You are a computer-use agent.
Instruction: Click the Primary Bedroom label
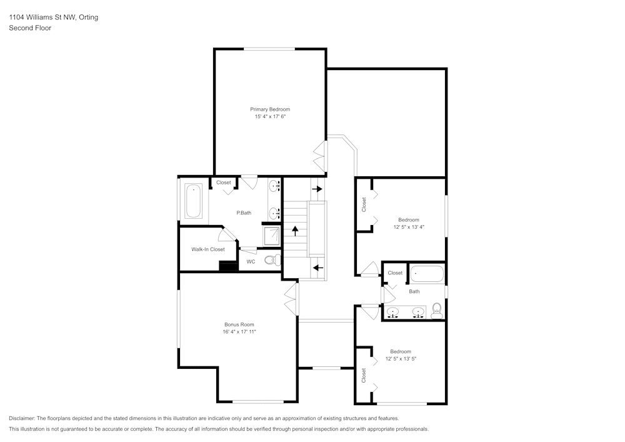[270, 109]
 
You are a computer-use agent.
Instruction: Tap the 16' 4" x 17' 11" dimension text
[239, 332]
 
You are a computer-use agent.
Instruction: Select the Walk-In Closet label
[208, 249]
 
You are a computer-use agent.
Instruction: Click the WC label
[251, 262]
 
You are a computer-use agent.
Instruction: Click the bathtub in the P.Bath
[193, 199]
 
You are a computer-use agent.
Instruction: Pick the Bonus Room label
[239, 324]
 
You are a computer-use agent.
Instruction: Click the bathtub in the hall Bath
[427, 274]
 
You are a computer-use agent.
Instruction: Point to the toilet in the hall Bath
[437, 309]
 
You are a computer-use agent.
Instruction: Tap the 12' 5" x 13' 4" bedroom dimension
[409, 227]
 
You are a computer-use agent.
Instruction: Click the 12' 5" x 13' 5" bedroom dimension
[401, 359]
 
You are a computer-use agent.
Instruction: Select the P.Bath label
[244, 213]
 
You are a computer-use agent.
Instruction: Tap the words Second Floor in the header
[30, 28]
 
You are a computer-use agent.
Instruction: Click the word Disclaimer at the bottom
[22, 418]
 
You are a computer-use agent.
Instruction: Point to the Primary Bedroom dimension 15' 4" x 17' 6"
[270, 117]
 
